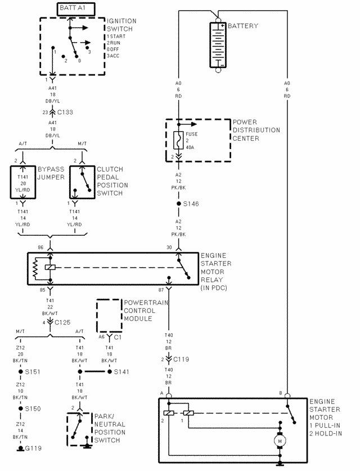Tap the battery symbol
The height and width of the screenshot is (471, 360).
pos(218,45)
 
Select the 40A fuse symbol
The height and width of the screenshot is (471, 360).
pos(178,140)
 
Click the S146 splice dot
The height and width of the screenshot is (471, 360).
pos(179,204)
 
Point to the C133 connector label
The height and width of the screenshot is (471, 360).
pos(65,113)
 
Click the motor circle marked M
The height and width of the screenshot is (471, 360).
pos(280,441)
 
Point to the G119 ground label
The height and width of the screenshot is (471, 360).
pos(33,448)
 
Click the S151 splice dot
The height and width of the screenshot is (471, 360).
pos(21,371)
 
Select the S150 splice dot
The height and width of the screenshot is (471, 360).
pos(21,409)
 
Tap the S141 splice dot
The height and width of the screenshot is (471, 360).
pos(110,371)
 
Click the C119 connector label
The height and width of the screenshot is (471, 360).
pos(181,359)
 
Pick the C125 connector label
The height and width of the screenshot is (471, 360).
pos(62,322)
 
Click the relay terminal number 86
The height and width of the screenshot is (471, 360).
pos(40,248)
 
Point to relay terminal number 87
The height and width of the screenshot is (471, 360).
pos(161,290)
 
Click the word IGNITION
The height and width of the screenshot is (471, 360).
pos(121,21)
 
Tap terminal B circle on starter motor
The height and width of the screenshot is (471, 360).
pos(287,396)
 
